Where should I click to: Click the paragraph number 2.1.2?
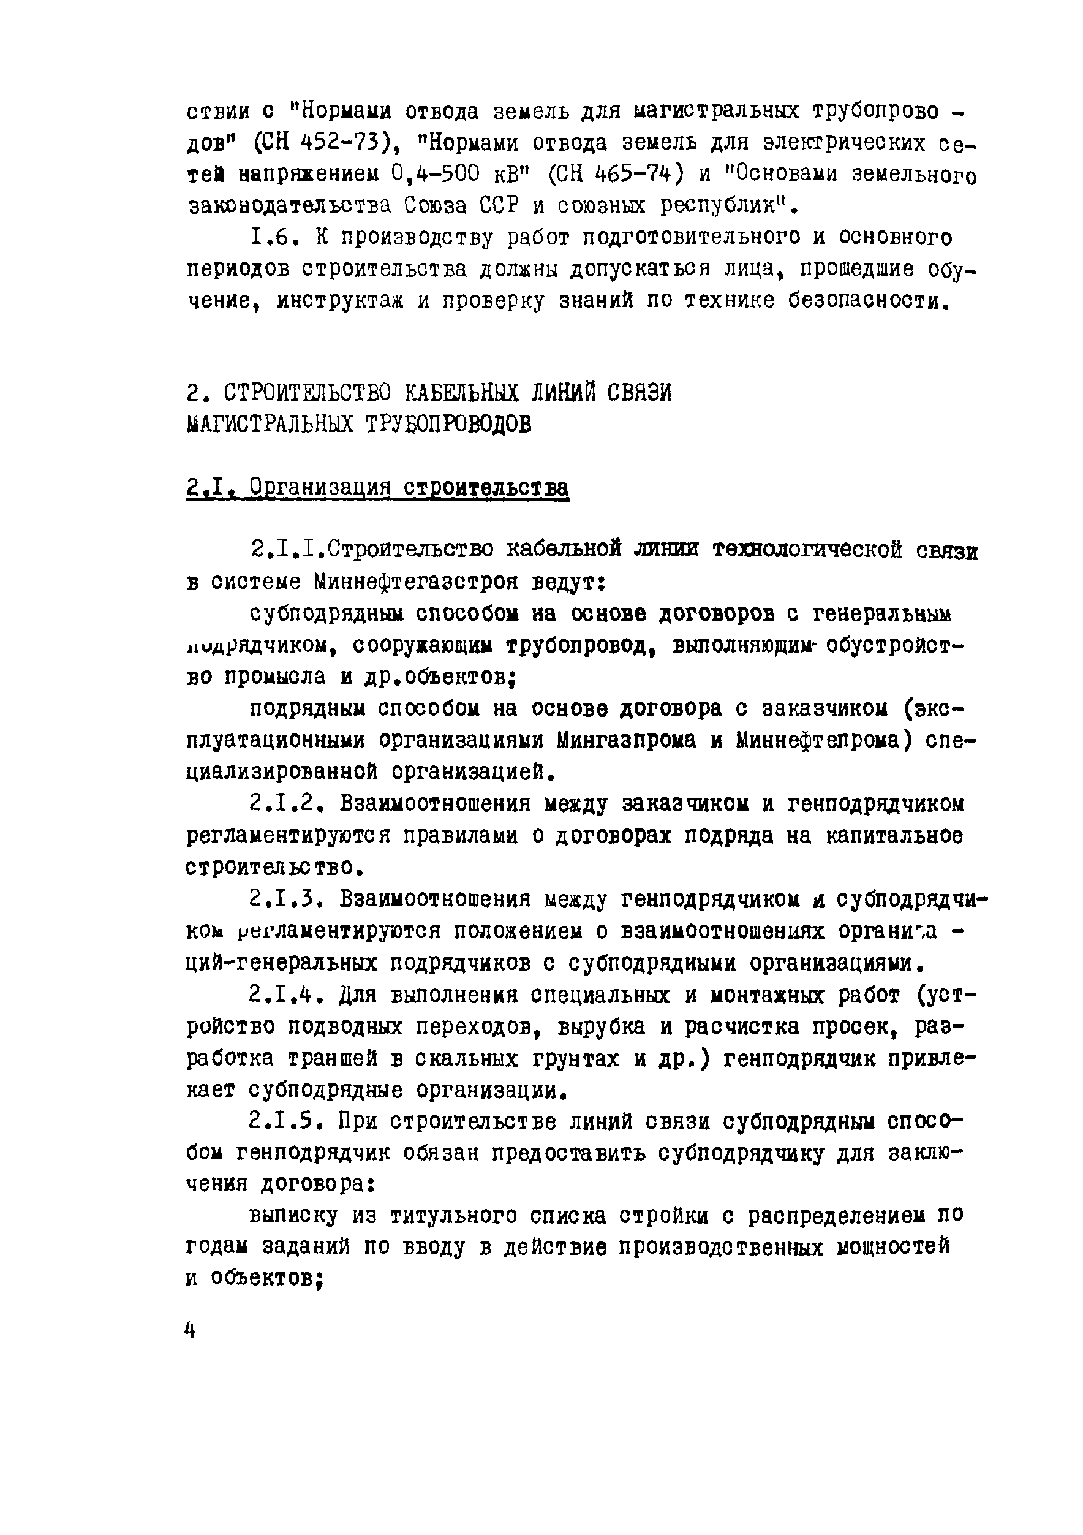[286, 803]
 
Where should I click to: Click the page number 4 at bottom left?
[191, 1331]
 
